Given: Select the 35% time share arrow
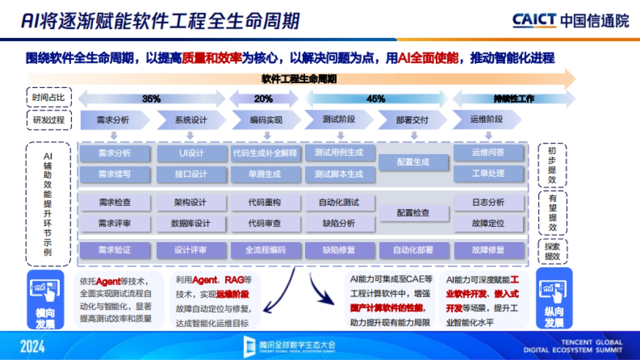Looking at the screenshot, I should (x=151, y=99).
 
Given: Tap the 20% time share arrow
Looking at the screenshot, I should (x=263, y=99).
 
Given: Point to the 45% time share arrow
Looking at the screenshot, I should (x=376, y=99).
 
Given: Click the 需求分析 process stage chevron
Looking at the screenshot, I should (x=113, y=120).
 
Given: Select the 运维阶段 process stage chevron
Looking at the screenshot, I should (x=486, y=120).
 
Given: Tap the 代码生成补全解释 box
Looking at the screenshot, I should (x=265, y=154).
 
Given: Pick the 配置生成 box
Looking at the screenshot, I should (x=413, y=162).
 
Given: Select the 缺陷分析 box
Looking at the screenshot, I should (x=339, y=223).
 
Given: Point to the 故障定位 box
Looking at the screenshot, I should (x=488, y=223).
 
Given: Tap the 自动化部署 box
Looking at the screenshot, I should (x=413, y=250).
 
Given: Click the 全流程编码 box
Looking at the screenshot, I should (x=265, y=250).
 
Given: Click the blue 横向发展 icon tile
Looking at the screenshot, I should (x=45, y=299).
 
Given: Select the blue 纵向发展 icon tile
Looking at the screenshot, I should (x=554, y=299).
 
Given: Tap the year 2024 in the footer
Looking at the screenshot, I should (x=33, y=347).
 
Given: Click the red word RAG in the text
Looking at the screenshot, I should (x=234, y=280).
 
